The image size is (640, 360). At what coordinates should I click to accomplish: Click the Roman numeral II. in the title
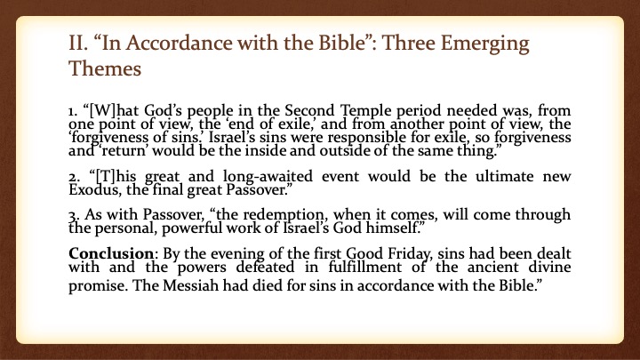pos(77,43)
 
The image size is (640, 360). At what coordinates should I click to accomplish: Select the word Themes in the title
pos(105,68)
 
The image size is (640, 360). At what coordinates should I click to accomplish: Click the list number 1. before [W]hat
pos(73,111)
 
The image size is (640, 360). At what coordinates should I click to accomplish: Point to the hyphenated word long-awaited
pos(268,177)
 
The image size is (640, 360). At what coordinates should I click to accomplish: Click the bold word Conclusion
pos(111,253)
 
